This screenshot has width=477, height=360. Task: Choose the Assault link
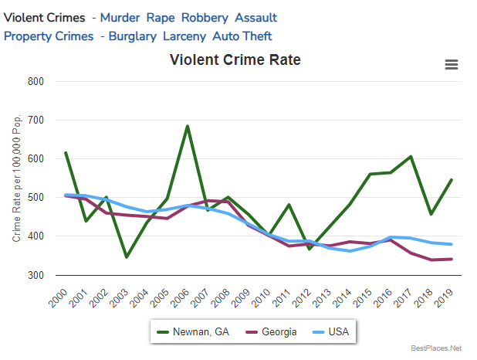[255, 18]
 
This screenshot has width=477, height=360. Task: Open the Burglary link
[132, 36]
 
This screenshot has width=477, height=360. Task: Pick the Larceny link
[188, 36]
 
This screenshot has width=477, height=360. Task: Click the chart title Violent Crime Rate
[235, 60]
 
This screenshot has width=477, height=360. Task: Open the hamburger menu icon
[452, 65]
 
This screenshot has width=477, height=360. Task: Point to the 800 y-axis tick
[35, 81]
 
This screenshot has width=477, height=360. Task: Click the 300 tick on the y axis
[35, 275]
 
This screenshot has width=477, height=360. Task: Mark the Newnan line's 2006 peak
[188, 126]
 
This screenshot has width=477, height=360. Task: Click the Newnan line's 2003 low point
[127, 257]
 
